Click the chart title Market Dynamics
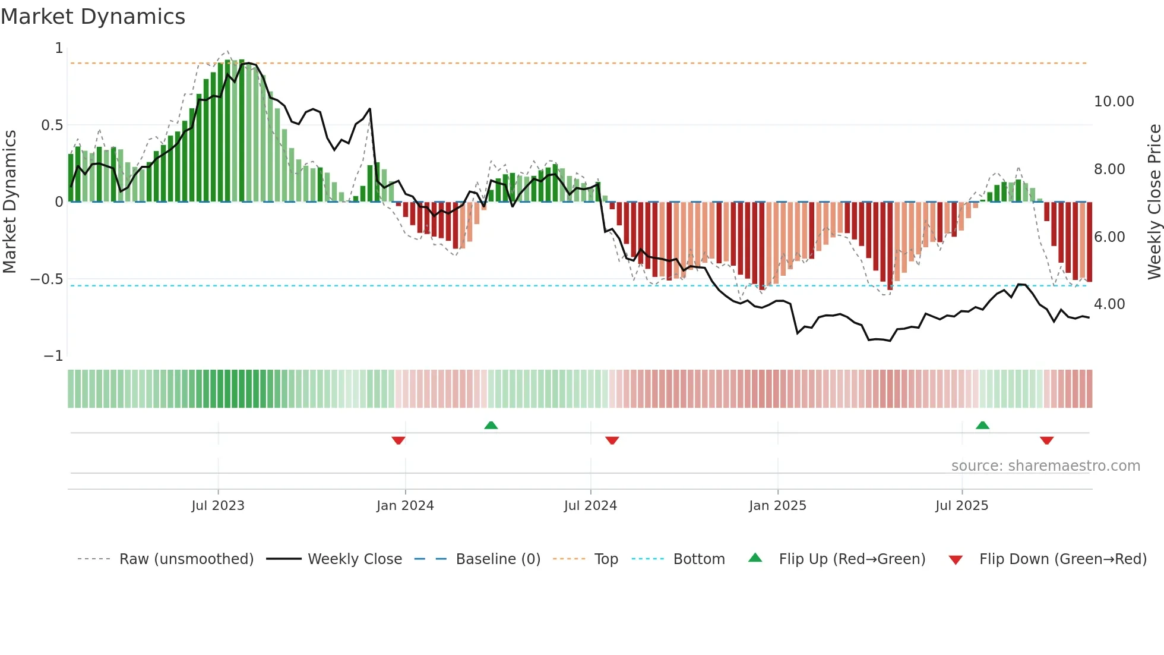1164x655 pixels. [x=93, y=17]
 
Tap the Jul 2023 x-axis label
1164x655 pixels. [x=218, y=506]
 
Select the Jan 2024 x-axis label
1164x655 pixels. [x=405, y=506]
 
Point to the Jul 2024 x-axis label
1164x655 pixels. [x=590, y=506]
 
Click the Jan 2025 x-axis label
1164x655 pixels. [x=777, y=506]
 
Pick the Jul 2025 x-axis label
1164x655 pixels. [x=961, y=506]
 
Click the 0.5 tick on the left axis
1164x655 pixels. [x=52, y=125]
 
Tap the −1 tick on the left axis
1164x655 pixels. [x=53, y=356]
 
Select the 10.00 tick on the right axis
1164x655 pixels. [x=1114, y=102]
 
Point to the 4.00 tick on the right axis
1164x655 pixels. [x=1109, y=304]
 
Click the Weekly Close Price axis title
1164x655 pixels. [x=1154, y=201]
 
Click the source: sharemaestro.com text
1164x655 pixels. [x=1045, y=466]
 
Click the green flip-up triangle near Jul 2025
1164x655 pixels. [x=982, y=426]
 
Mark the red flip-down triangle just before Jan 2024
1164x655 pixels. [x=398, y=440]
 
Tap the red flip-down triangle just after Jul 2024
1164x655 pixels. [x=612, y=440]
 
